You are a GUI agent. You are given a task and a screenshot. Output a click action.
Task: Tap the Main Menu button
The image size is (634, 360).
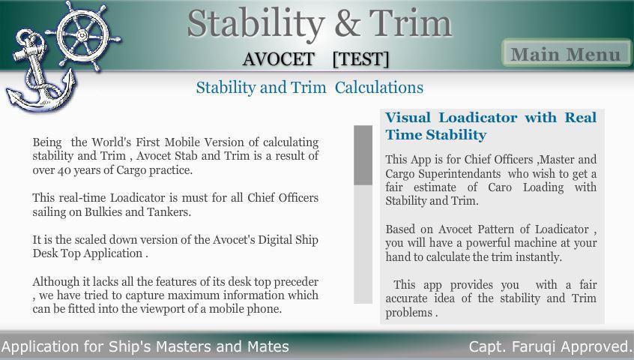[566, 54]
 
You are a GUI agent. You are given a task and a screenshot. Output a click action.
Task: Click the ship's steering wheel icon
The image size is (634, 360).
[88, 34]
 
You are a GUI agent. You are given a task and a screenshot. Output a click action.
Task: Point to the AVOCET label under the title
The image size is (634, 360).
[278, 59]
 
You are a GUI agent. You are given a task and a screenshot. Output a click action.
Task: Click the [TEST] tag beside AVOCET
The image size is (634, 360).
[360, 59]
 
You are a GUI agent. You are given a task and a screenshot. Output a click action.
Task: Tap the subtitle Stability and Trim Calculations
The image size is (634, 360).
[309, 88]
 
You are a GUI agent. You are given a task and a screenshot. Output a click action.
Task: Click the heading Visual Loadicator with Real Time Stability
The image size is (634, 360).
[490, 126]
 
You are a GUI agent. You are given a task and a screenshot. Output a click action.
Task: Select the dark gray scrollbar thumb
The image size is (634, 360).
[363, 154]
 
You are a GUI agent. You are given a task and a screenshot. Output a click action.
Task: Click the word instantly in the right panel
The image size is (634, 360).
[534, 257]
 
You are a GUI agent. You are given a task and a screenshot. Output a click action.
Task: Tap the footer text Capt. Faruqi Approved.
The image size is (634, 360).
[550, 346]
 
